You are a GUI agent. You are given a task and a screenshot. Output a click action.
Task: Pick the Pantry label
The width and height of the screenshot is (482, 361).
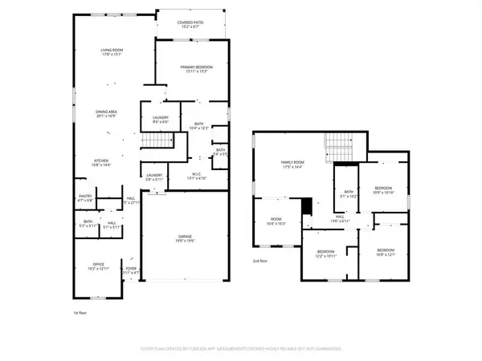pos(85,197)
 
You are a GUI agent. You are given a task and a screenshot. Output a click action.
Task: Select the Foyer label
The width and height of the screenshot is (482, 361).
pos(131,270)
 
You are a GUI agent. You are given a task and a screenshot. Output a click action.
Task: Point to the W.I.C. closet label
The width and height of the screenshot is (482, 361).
pos(196,176)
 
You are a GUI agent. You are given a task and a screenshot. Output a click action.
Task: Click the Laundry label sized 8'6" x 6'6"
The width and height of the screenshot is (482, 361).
pos(160,120)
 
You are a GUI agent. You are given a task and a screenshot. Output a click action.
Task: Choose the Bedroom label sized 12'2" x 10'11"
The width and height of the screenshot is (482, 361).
pos(325,254)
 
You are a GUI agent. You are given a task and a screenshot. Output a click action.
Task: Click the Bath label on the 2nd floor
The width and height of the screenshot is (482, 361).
pos(349,193)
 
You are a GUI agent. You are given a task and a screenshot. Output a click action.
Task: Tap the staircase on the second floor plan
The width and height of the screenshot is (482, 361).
pos(339,148)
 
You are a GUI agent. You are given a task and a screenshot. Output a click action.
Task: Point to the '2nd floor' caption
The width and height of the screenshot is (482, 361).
pos(261,262)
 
